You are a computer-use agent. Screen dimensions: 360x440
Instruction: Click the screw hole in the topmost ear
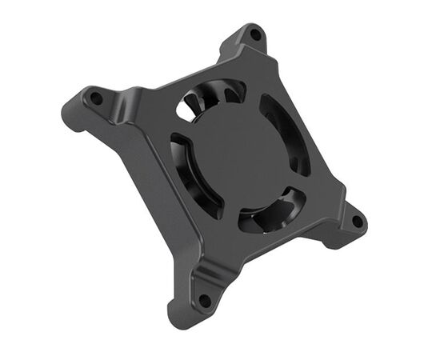point(255,35)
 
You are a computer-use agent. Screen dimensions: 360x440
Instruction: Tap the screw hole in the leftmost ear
point(95,98)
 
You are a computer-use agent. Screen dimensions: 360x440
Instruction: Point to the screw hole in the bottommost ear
point(205,301)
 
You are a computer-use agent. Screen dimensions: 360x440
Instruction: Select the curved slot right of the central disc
point(286,132)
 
